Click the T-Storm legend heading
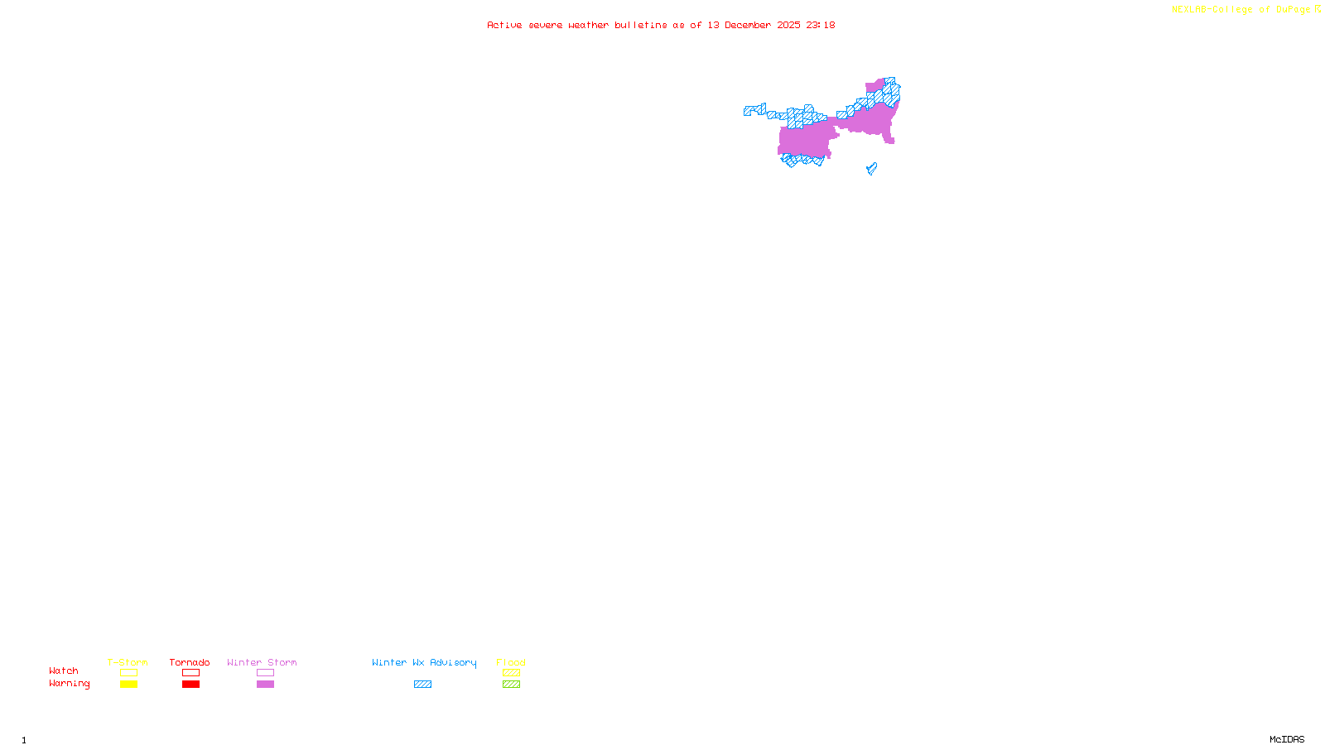pos(128,662)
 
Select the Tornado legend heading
pos(190,662)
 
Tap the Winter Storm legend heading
pos(262,662)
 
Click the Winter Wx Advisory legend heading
pos(424,662)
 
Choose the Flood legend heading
pos(511,662)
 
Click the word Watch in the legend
pos(64,670)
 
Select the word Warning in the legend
pos(70,684)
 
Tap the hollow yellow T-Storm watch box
pos(128,673)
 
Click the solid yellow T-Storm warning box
pos(128,685)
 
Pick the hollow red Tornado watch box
pos(191,673)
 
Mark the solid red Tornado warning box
pos(191,685)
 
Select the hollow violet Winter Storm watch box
pos(265,673)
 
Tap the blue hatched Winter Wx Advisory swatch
pos(422,685)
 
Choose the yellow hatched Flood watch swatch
pos(511,673)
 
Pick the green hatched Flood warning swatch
pos(511,685)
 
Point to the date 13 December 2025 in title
pos(754,25)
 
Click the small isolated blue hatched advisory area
pos(871,169)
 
